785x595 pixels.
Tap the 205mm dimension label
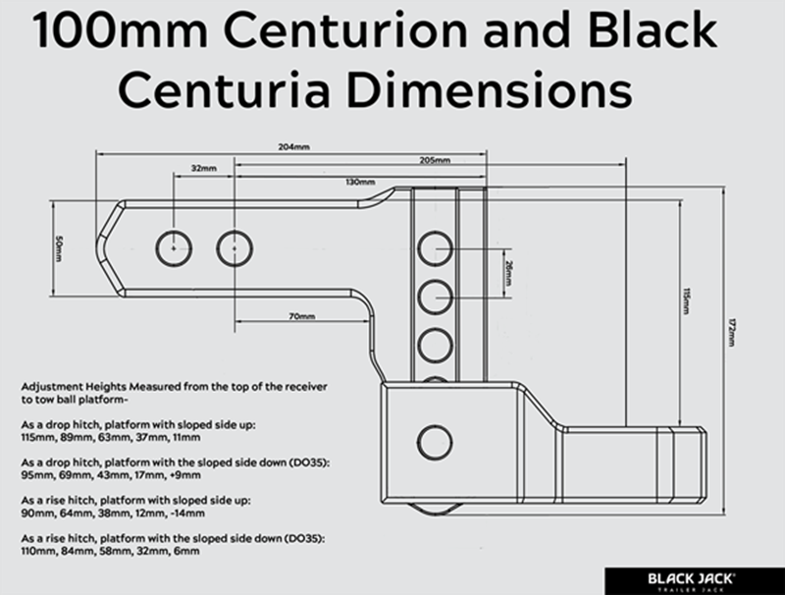coord(434,160)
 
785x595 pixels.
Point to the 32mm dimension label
coord(203,169)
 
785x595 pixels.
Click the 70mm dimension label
coord(301,317)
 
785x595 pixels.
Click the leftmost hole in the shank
coord(174,247)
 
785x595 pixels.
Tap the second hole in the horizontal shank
coord(234,247)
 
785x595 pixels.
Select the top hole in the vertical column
coord(434,248)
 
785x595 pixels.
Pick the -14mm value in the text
coord(186,514)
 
